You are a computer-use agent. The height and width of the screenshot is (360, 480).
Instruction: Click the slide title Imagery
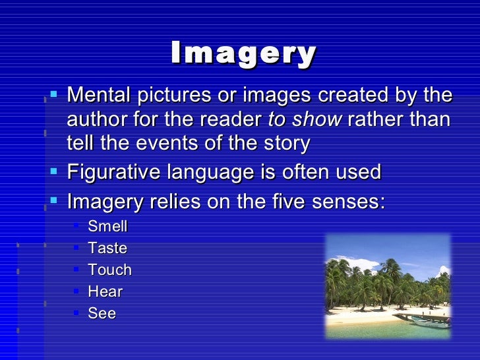[x=243, y=55]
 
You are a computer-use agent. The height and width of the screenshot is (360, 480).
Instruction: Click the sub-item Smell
[x=107, y=227]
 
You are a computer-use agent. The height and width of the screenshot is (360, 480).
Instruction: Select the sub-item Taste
[x=107, y=249]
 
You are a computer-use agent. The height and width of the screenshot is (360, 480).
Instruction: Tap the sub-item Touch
[x=109, y=270]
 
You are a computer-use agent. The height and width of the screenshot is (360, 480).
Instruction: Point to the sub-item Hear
[x=105, y=291]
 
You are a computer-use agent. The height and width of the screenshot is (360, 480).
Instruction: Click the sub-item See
[x=102, y=313]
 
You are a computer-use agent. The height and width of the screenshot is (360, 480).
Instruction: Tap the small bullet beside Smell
[x=76, y=226]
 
